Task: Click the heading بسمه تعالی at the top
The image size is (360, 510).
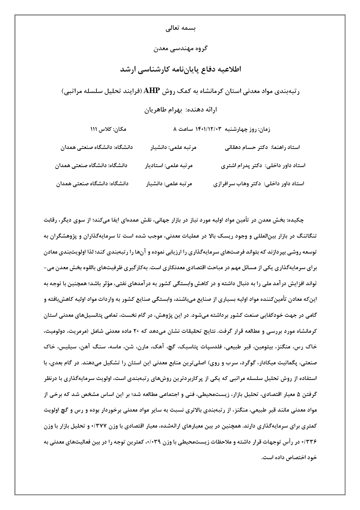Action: click(180, 28)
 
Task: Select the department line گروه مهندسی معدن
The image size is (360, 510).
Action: click(180, 48)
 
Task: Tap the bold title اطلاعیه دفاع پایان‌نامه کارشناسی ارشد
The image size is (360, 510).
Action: click(180, 69)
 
